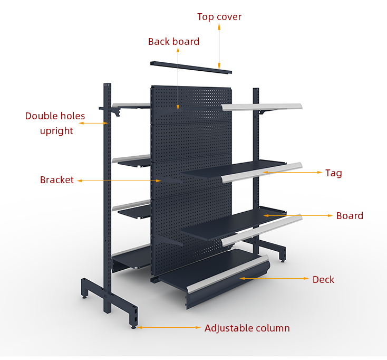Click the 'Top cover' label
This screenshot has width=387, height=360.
click(x=219, y=17)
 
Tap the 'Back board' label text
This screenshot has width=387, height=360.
click(x=173, y=42)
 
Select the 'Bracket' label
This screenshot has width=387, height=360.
click(x=57, y=180)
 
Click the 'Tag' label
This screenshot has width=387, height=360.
click(x=333, y=173)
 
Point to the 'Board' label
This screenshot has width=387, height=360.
click(x=350, y=216)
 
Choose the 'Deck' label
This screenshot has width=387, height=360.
click(x=323, y=279)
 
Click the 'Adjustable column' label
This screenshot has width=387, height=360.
click(x=247, y=328)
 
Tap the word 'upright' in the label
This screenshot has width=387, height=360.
click(x=56, y=131)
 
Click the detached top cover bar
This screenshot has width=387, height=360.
click(x=191, y=67)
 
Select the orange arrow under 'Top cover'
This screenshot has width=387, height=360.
click(x=219, y=46)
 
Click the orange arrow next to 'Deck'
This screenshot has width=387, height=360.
click(x=274, y=279)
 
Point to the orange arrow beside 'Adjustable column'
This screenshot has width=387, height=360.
click(x=169, y=327)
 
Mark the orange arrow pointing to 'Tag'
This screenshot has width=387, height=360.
click(x=293, y=172)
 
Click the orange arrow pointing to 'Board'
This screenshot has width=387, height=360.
click(x=298, y=216)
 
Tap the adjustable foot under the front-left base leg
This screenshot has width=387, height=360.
click(x=133, y=327)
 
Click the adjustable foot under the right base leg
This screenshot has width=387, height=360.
click(x=283, y=260)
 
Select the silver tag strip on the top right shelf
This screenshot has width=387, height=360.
click(x=262, y=107)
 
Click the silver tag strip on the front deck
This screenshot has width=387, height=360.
click(x=228, y=274)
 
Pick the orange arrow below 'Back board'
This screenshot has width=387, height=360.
click(x=178, y=79)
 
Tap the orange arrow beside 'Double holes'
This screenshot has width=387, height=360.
click(x=93, y=123)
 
